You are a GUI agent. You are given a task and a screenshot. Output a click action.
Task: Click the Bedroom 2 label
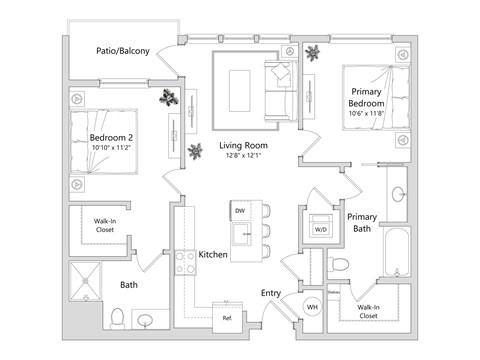coord(113,136)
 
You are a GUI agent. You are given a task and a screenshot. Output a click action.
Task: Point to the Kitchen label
coord(213,255)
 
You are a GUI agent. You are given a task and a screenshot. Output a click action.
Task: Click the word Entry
coord(271,293)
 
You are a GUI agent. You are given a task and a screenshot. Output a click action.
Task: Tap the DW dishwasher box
coord(239,212)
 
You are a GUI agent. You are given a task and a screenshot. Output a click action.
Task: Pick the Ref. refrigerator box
coord(227,318)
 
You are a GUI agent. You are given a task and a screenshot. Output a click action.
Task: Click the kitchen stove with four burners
coord(186,263)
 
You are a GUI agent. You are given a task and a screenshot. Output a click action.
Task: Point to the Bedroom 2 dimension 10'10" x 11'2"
coord(113,148)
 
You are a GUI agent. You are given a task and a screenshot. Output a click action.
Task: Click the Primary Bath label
coord(361,222)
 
